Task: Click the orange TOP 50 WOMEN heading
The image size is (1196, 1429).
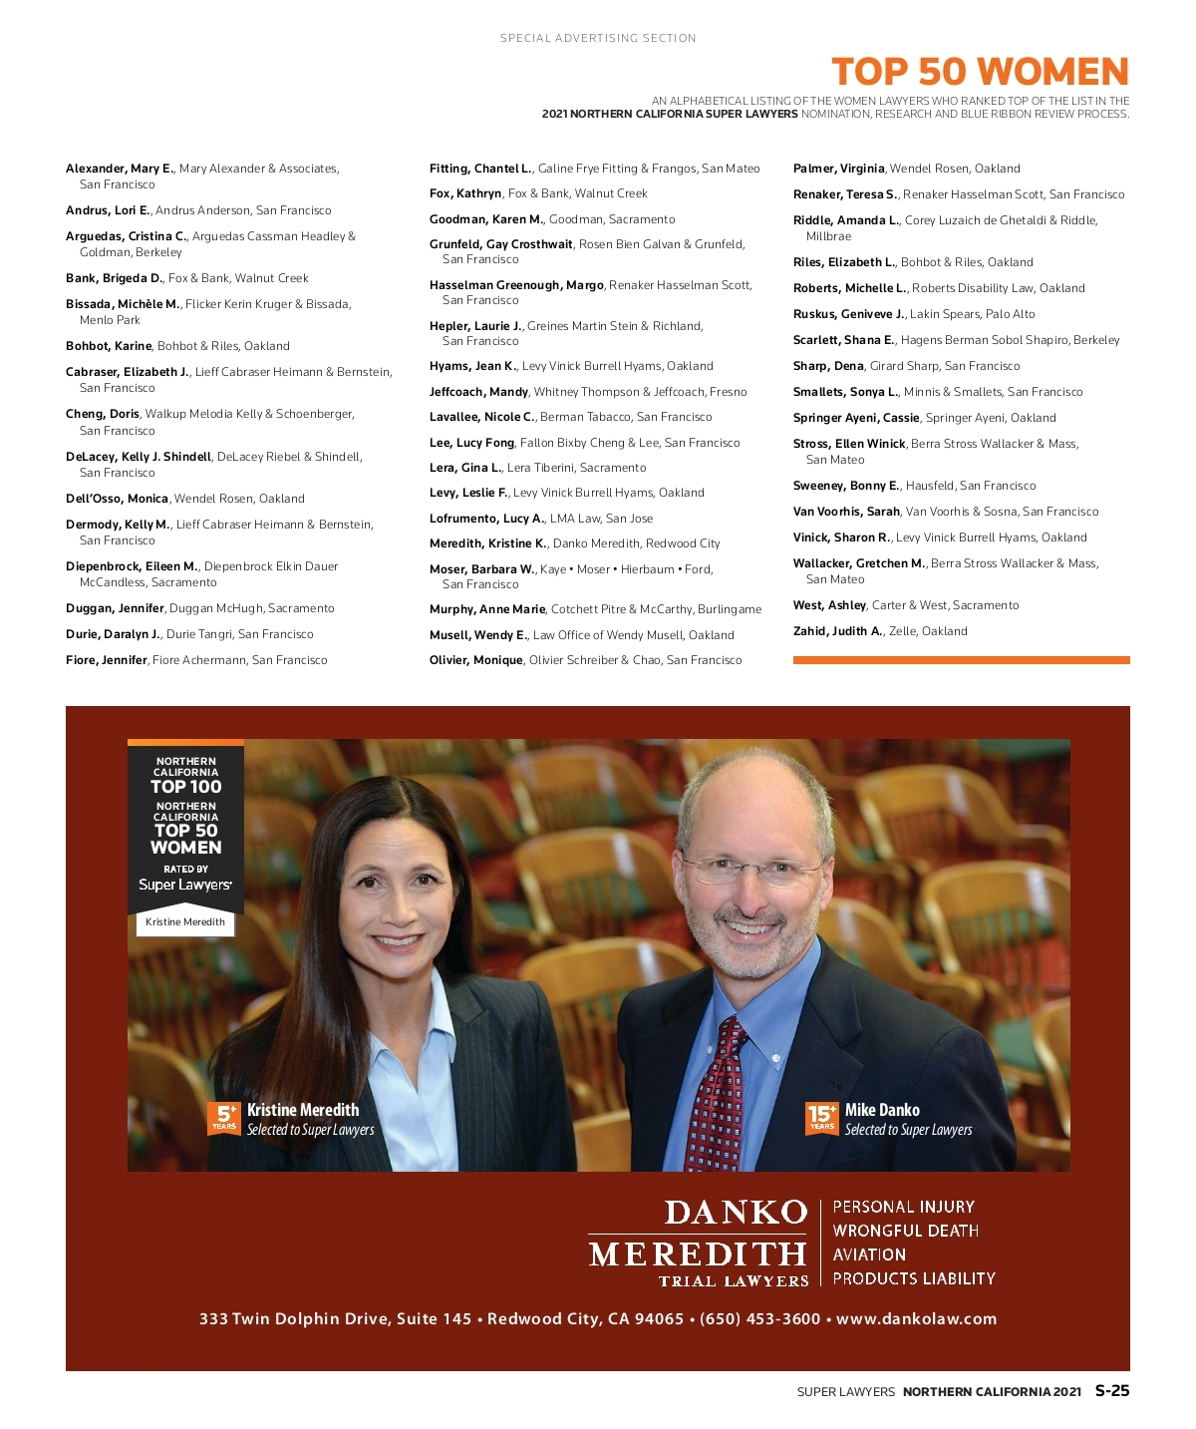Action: click(x=980, y=72)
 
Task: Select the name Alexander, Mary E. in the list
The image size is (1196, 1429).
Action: click(x=120, y=169)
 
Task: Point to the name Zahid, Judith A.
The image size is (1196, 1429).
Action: click(x=838, y=631)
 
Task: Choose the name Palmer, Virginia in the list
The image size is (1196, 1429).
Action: click(x=839, y=169)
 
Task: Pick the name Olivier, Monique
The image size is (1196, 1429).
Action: click(x=476, y=660)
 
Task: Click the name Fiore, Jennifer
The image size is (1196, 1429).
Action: click(x=107, y=660)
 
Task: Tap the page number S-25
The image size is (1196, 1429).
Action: click(x=1112, y=1391)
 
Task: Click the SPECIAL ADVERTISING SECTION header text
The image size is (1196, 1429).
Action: click(x=598, y=38)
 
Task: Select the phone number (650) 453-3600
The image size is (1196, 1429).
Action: click(x=759, y=1318)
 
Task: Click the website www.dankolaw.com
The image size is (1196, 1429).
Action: click(x=916, y=1318)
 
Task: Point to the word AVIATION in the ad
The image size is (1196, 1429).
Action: click(x=869, y=1254)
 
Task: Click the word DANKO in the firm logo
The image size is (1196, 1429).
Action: click(x=736, y=1212)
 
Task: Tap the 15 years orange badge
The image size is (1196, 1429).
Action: click(x=822, y=1118)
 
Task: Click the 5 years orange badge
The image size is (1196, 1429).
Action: click(x=224, y=1118)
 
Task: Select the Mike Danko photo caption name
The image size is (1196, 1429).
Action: click(x=882, y=1110)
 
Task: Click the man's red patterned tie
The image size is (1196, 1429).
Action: click(x=719, y=1097)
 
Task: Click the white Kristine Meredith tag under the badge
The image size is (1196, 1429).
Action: click(x=185, y=922)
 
